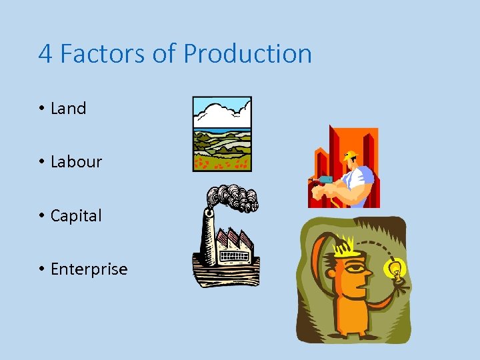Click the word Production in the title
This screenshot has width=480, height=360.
pos(247,54)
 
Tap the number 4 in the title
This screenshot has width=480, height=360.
pos(45,54)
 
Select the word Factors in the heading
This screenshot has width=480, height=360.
pos(101,54)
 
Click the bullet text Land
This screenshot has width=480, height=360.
pos(68,109)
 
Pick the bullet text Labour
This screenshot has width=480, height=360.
pos(76,162)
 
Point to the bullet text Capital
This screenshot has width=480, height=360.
pos(76,216)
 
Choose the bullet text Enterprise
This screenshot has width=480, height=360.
pos(89,269)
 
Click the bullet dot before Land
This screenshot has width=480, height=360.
pos(41,109)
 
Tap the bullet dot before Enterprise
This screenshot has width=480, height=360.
pos(41,269)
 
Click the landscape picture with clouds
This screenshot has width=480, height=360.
pos(222,134)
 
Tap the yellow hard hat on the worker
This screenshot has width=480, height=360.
pos(349,157)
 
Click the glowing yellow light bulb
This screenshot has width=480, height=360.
pos(395,270)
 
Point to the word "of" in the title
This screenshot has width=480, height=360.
pos(163,54)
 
